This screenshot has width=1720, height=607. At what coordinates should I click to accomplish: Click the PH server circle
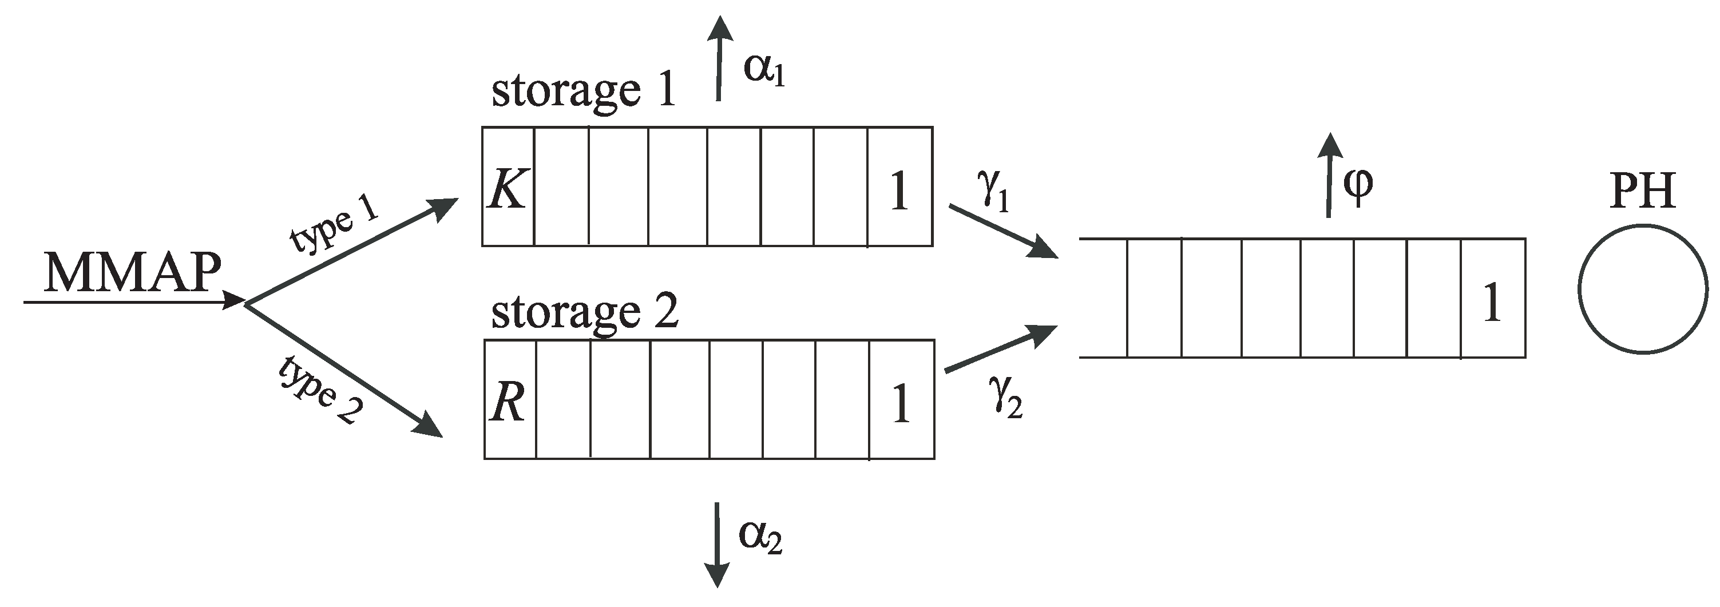(1643, 288)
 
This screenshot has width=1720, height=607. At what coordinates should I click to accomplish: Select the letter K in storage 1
(508, 189)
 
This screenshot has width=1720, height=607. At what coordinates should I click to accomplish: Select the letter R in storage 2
(508, 403)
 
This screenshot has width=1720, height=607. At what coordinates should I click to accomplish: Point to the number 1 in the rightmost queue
(1492, 303)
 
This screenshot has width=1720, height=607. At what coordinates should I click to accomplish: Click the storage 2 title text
(585, 312)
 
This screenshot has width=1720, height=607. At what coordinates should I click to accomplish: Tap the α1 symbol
(764, 70)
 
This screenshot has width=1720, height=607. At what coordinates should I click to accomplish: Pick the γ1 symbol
(993, 192)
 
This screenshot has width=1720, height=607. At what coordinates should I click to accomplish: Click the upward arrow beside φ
(1329, 175)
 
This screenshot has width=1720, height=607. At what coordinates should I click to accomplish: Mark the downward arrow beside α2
(717, 544)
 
